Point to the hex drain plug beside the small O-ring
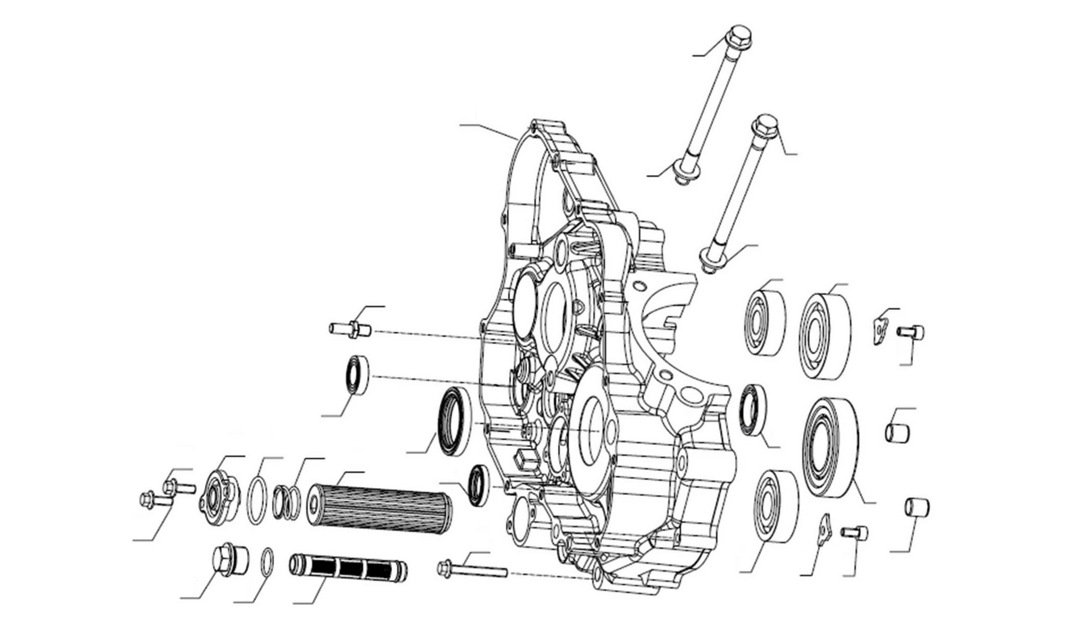[225, 560]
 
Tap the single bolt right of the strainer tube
[471, 569]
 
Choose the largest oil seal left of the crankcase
[453, 421]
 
